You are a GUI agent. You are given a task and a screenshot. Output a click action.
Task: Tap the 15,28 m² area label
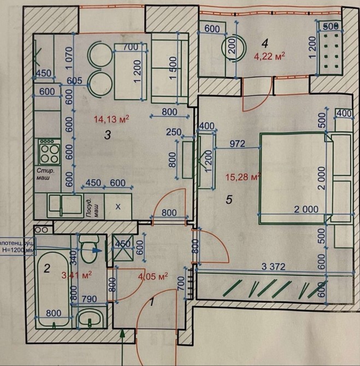click(242, 176)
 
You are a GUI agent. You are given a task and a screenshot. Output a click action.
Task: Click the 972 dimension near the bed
click(237, 144)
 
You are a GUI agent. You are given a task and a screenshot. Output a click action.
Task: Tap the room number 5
click(229, 200)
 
